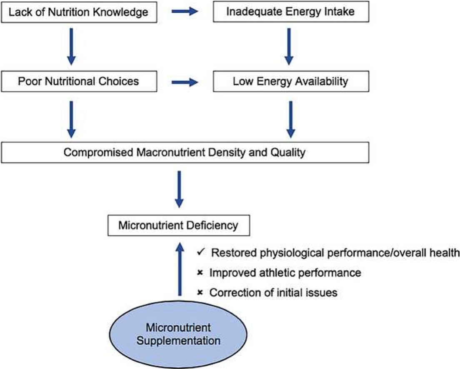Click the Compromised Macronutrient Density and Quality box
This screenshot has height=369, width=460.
(184, 152)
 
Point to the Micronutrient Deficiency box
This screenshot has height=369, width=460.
(178, 226)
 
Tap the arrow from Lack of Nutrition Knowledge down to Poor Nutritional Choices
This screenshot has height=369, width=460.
(71, 46)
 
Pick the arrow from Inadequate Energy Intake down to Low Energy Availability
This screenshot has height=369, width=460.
(287, 46)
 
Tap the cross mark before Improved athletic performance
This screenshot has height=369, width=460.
(200, 273)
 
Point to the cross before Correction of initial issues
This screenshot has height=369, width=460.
(200, 293)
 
